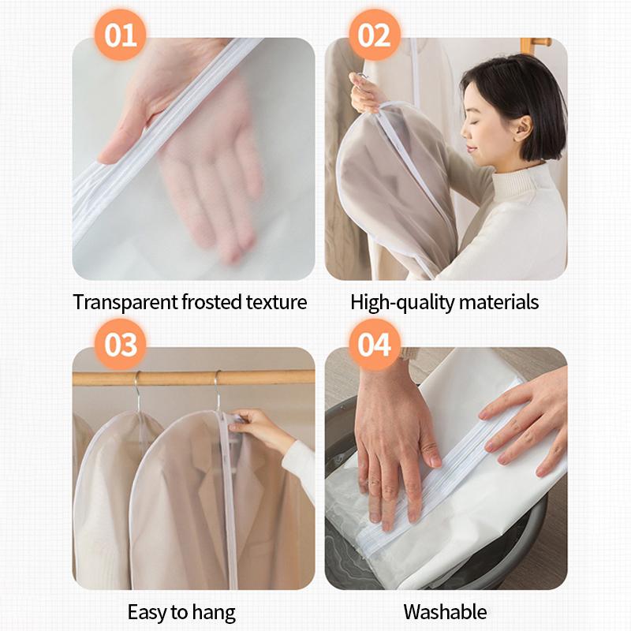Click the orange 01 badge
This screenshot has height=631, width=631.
click(121, 35)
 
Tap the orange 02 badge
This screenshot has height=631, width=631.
click(374, 35)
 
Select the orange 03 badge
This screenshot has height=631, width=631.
click(121, 345)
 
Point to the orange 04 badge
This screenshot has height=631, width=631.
click(374, 345)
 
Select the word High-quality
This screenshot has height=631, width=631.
click(398, 301)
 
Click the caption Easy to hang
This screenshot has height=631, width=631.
click(181, 611)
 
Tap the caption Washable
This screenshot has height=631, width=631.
click(445, 611)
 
